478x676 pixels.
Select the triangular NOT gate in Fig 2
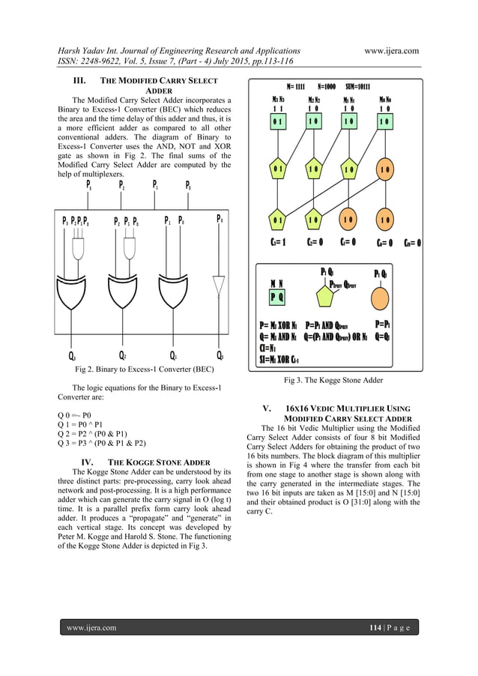point(218,286)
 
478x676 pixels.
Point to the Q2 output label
point(122,355)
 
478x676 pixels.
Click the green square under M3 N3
point(279,121)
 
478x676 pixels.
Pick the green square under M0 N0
point(384,121)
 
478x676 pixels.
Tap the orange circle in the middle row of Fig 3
point(384,170)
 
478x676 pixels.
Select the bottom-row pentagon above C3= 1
point(279,220)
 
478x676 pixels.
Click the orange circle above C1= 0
point(348,220)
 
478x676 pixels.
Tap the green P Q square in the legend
point(276,296)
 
